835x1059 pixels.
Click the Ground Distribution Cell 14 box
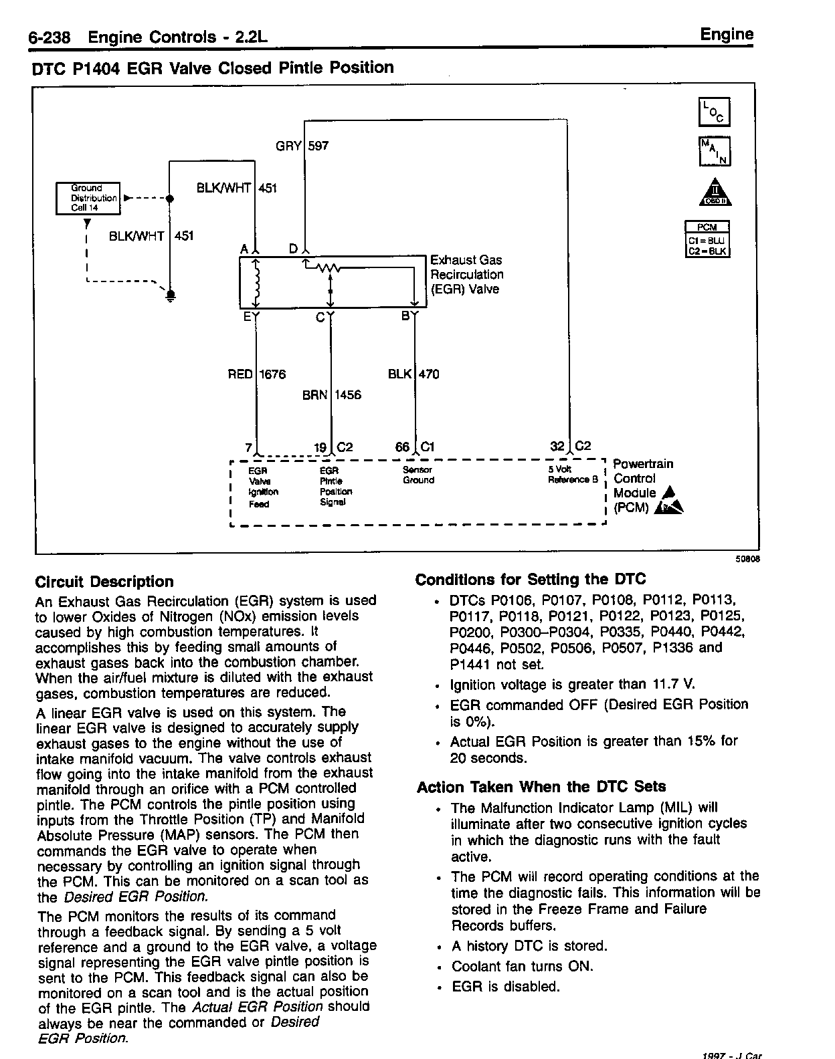click(x=88, y=198)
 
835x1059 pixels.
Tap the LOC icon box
click(x=714, y=112)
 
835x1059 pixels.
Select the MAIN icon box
click(x=714, y=151)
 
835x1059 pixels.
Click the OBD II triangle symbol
click(x=715, y=193)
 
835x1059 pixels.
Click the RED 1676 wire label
click(x=257, y=374)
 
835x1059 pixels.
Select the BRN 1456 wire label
click(x=331, y=395)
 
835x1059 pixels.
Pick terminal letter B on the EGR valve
click(x=405, y=316)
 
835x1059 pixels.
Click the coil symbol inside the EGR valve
click(x=256, y=281)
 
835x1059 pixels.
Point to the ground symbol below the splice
click(x=171, y=295)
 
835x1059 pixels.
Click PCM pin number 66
click(x=402, y=447)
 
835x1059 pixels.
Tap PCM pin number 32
click(x=557, y=447)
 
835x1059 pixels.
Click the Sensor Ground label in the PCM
click(x=418, y=475)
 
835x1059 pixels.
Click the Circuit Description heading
click(x=104, y=582)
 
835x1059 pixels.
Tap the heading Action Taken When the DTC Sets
click(x=541, y=787)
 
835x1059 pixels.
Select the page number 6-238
click(x=50, y=38)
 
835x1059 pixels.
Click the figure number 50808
click(x=749, y=561)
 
